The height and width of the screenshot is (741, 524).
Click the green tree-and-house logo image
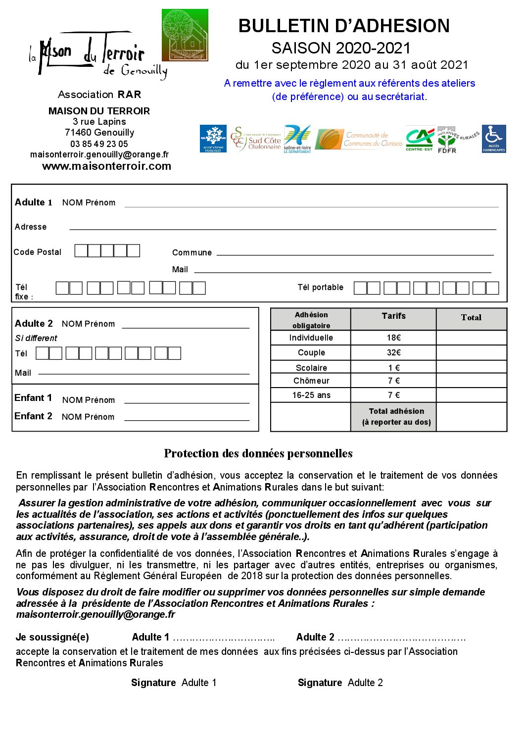(185, 35)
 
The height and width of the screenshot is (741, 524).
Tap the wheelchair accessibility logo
(494, 139)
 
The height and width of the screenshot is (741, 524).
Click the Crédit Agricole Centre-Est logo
(419, 139)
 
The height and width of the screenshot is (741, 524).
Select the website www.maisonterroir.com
(106, 166)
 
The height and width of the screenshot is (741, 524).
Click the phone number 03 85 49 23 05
(99, 144)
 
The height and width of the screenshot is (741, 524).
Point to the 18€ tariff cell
(394, 338)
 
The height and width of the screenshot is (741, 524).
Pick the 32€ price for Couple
(394, 352)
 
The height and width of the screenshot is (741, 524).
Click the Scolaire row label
(311, 368)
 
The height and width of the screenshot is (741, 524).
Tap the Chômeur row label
(311, 381)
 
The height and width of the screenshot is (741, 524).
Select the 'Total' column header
(471, 318)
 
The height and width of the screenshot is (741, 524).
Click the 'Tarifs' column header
(393, 316)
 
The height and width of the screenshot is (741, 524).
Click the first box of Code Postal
(81, 251)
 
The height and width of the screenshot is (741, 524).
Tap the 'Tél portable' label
(320, 287)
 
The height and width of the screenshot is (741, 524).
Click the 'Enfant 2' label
(33, 416)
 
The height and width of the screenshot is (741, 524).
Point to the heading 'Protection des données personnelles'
(258, 453)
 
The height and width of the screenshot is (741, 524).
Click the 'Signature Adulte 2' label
(340, 683)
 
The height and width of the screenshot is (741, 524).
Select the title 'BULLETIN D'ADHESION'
(344, 26)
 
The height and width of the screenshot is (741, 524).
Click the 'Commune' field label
(191, 252)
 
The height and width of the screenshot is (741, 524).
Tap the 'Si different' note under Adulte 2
(36, 338)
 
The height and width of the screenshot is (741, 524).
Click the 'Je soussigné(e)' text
(52, 637)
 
